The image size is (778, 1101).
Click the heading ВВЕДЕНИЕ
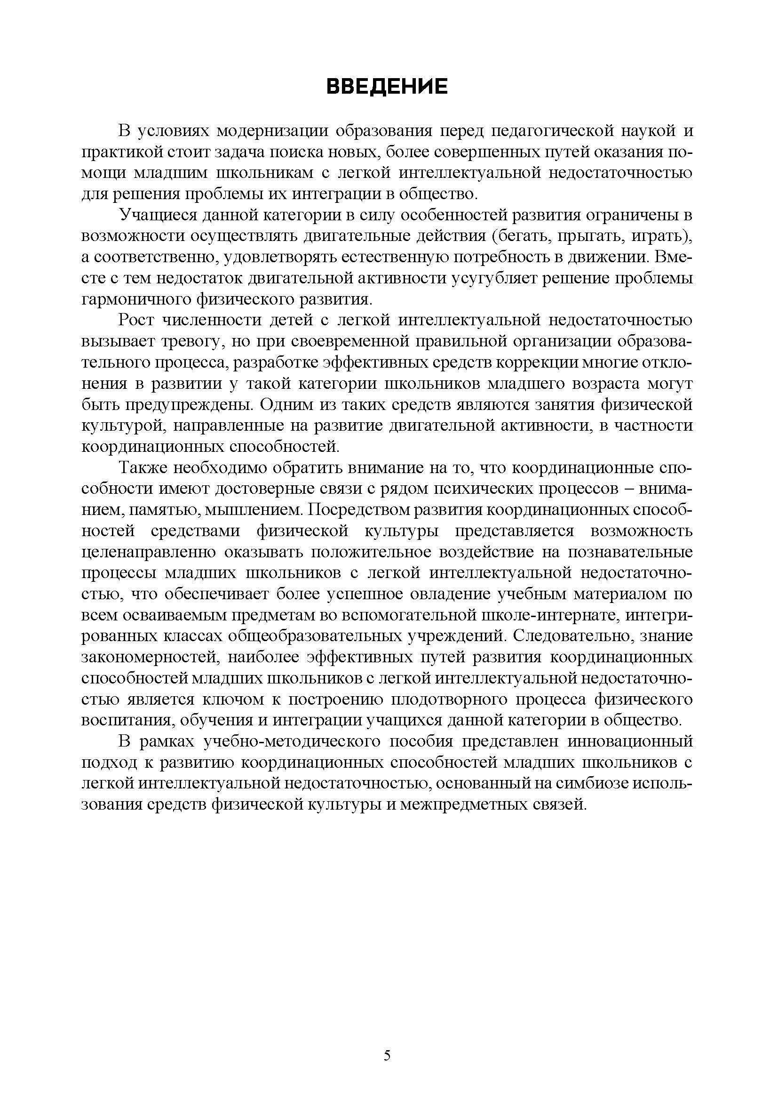pyautogui.click(x=387, y=87)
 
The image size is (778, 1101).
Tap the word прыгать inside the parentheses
pyautogui.click(x=591, y=236)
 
